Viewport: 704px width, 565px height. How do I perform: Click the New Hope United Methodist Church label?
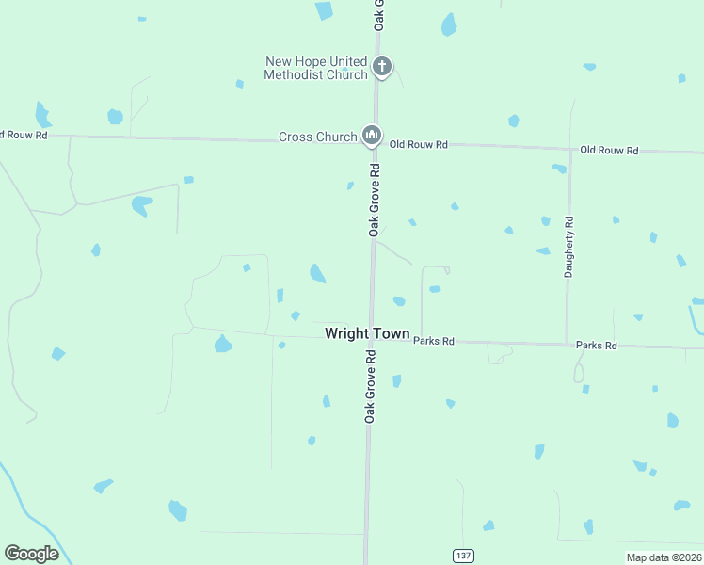pos(316,68)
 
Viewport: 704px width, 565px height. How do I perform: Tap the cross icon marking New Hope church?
pos(381,66)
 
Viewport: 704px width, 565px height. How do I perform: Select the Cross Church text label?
pos(317,137)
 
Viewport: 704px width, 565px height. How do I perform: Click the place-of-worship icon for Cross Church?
pos(372,137)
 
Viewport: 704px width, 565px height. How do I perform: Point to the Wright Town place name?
pos(367,334)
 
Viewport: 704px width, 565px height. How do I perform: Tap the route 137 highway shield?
pos(462,556)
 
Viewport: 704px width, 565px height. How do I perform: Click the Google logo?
pos(31,554)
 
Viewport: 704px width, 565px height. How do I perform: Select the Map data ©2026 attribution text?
pos(664,557)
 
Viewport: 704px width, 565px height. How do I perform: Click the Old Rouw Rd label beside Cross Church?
pos(419,145)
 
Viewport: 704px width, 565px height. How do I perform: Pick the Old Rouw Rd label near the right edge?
pos(609,150)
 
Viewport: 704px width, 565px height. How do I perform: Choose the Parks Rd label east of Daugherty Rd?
pos(596,346)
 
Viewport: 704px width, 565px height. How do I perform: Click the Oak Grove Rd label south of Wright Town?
pos(371,386)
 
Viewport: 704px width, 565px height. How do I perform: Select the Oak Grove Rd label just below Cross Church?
pos(374,200)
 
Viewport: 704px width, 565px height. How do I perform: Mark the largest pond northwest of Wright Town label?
pos(318,273)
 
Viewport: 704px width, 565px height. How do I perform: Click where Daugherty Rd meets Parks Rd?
pos(567,344)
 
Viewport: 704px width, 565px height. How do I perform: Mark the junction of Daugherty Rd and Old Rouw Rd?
pos(568,148)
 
